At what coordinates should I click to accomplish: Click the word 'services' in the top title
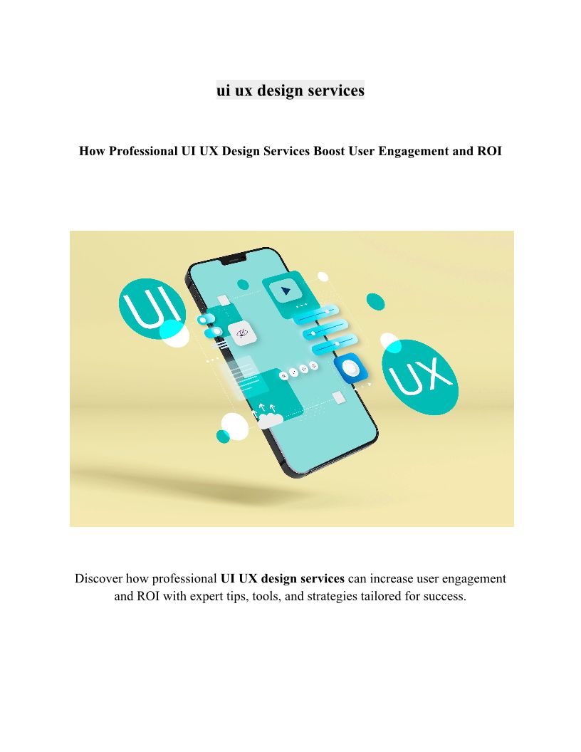[x=336, y=90]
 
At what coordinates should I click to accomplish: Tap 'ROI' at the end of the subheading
[x=489, y=151]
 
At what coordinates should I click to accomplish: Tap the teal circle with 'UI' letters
[x=152, y=309]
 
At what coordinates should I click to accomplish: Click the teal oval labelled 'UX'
[x=420, y=377]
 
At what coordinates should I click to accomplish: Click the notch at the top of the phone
[x=234, y=259]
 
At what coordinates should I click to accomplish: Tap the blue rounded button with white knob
[x=351, y=368]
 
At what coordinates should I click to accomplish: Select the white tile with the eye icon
[x=242, y=333]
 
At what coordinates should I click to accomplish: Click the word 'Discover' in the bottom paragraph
[x=98, y=578]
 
